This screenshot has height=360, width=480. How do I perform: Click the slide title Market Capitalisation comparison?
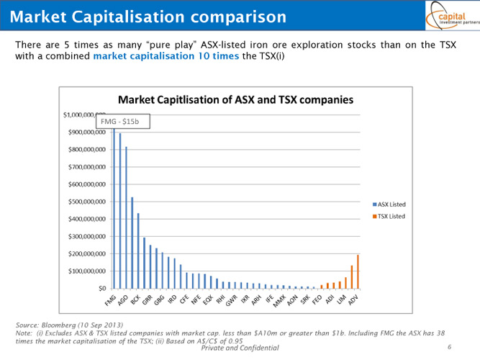tap(149, 16)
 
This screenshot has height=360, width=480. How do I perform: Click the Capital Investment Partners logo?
tap(450, 16)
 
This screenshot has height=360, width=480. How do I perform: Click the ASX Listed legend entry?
tap(391, 204)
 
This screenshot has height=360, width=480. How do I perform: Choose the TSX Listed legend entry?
tap(391, 216)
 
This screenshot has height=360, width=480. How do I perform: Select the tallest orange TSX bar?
tap(358, 271)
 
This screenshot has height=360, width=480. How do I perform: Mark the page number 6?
tap(449, 347)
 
